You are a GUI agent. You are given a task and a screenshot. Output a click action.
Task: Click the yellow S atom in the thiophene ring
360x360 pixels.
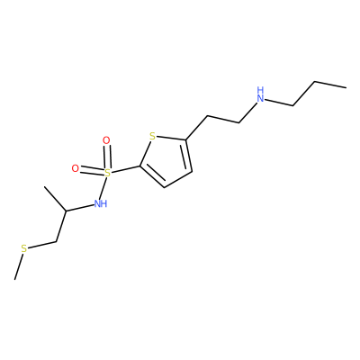tap(153, 137)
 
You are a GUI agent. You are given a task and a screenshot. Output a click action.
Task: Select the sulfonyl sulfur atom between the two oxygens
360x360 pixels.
tap(107, 173)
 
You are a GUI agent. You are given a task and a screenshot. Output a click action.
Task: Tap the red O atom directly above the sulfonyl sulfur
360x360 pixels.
tap(106, 140)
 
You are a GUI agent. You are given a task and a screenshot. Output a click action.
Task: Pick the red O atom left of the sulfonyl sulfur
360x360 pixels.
tap(76, 168)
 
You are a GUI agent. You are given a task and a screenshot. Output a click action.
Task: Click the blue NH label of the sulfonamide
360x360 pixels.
tap(101, 203)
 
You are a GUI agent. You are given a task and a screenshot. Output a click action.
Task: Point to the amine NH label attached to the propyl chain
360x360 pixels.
tap(261, 94)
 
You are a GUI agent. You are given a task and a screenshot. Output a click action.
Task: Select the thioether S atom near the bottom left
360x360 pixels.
tap(24, 248)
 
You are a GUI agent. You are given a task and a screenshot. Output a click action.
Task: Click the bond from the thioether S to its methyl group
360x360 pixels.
tap(18, 266)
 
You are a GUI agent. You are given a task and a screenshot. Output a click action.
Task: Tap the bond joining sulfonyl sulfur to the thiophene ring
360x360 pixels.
tap(125, 169)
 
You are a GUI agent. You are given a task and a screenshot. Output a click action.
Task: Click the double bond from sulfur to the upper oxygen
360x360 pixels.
tap(107, 157)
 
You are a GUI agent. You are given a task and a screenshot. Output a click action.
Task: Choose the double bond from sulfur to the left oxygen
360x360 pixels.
tap(92, 171)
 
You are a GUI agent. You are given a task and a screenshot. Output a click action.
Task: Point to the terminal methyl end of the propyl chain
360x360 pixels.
tap(346, 87)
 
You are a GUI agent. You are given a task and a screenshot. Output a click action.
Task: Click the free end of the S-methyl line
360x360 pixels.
tap(14, 280)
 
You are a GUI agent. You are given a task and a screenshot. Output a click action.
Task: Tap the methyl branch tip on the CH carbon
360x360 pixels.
tap(44, 187)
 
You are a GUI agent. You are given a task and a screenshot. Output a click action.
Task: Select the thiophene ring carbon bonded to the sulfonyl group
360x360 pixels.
tap(139, 166)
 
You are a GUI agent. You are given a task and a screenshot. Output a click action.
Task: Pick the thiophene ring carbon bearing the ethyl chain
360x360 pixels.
tap(186, 139)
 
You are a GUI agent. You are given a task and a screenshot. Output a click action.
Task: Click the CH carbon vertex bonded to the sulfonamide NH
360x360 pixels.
tap(66, 211)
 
